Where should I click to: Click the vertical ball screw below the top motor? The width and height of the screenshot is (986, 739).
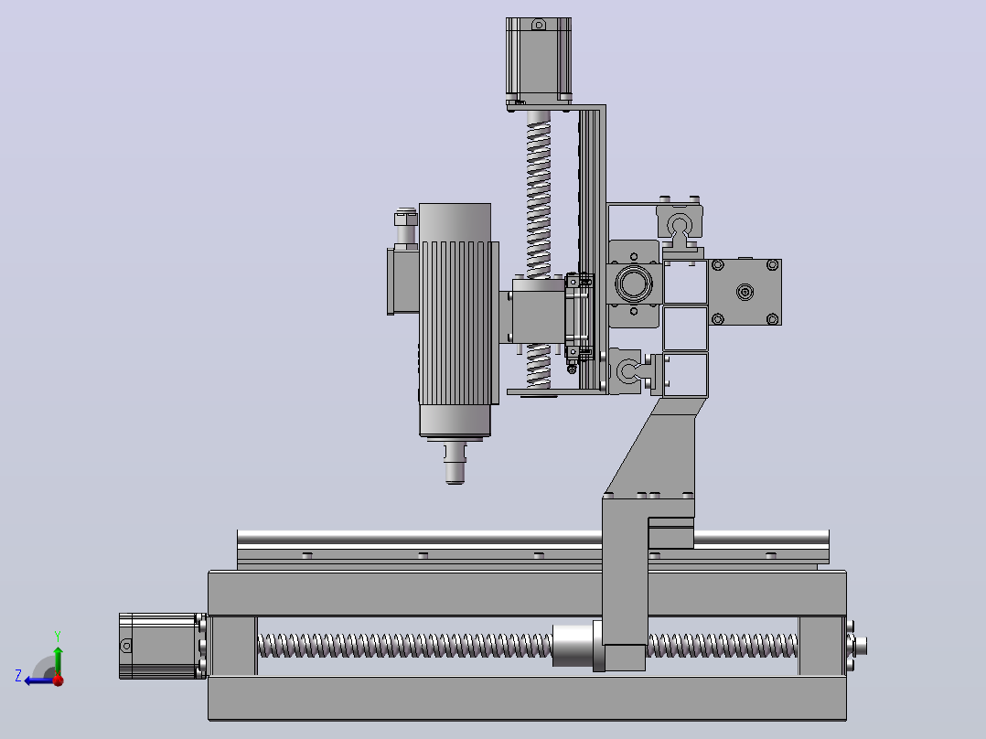pyautogui.click(x=538, y=249)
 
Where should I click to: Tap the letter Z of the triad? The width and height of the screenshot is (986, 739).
pyautogui.click(x=18, y=676)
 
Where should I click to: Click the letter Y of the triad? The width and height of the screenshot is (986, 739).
pyautogui.click(x=58, y=637)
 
